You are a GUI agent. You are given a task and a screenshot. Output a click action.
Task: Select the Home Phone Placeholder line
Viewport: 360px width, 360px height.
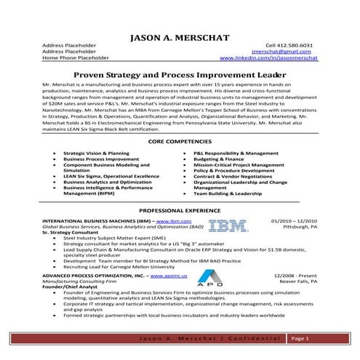pyautogui.click(x=75, y=58)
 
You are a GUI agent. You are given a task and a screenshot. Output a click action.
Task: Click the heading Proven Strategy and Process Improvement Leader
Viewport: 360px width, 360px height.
pyautogui.click(x=180, y=74)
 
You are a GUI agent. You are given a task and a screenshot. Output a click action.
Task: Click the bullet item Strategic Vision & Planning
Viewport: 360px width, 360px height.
pyautogui.click(x=96, y=154)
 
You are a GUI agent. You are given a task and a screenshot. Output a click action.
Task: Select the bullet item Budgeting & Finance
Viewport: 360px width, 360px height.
pyautogui.click(x=221, y=160)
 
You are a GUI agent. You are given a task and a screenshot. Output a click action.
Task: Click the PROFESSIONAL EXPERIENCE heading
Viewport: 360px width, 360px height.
pyautogui.click(x=180, y=210)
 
